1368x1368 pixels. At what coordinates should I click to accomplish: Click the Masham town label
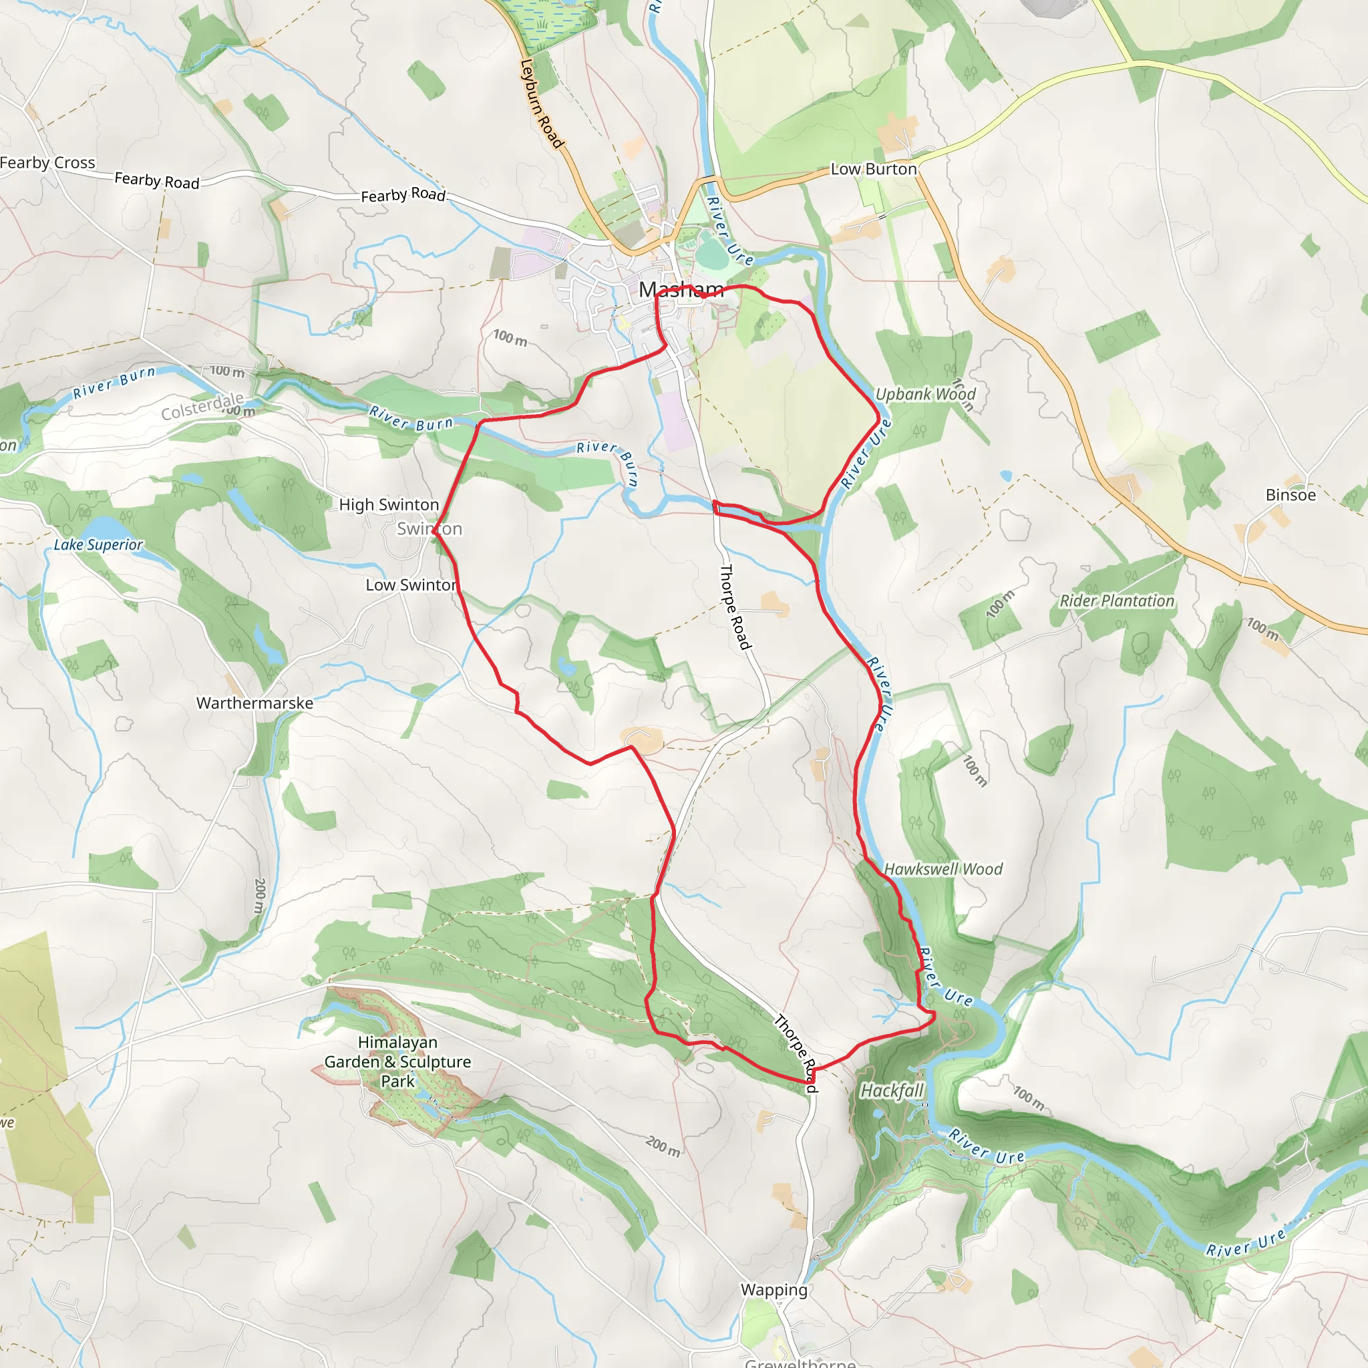[681, 289]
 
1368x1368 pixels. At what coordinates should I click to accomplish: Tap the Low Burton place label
[873, 169]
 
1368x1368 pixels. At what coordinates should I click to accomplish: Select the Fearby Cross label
[47, 163]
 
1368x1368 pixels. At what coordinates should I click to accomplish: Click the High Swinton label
[389, 505]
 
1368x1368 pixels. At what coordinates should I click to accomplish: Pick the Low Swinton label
[411, 585]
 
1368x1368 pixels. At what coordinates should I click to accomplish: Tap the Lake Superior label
[98, 544]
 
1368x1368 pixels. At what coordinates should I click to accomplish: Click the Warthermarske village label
[254, 703]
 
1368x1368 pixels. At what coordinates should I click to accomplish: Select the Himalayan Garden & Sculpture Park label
[397, 1061]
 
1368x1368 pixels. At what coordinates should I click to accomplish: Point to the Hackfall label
[892, 1090]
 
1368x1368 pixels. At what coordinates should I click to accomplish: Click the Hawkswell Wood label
[943, 869]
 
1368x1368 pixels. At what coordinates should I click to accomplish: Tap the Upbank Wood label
[925, 394]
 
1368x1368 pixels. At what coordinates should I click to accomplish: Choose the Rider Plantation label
[1117, 601]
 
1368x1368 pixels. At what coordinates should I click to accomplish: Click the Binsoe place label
[1290, 495]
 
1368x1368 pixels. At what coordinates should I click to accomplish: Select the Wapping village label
[774, 1290]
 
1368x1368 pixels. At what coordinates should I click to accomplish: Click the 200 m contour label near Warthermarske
[260, 896]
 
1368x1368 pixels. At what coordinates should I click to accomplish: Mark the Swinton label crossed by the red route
[429, 529]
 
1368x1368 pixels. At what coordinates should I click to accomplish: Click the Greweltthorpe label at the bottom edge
[800, 1361]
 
